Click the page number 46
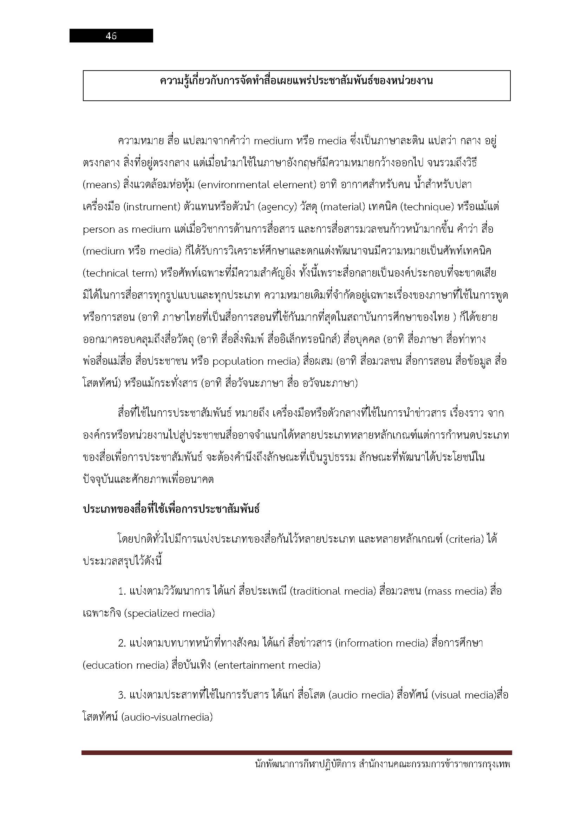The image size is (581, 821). tap(111, 36)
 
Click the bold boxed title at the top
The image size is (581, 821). tap(296, 81)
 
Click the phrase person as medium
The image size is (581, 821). tap(127, 230)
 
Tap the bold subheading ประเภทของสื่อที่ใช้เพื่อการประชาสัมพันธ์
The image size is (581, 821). tap(171, 509)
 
